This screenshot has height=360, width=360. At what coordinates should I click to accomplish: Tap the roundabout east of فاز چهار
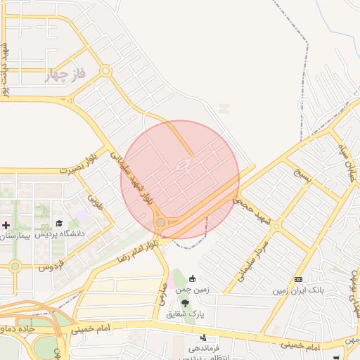click(105, 70)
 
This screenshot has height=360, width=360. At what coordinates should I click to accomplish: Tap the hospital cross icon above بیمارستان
click(6, 226)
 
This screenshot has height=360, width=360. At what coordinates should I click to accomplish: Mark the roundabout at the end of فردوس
click(15, 266)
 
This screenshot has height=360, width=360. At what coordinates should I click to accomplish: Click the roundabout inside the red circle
click(161, 223)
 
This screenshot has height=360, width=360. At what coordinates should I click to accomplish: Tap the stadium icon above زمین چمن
click(193, 278)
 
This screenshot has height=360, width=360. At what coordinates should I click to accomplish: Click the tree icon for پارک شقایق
click(185, 303)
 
